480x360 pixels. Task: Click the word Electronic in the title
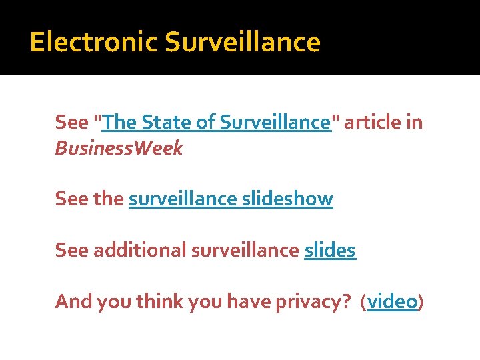point(93,43)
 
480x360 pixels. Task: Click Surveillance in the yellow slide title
point(243,43)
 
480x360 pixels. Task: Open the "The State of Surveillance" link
point(217,123)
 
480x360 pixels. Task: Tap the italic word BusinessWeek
point(119,148)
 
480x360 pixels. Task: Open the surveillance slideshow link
point(231,199)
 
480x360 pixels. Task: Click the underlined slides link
point(330,250)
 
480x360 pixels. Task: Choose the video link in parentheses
point(392,302)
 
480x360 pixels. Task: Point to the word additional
point(140,250)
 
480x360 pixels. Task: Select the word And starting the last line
point(74,302)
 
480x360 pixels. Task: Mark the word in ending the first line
point(415,123)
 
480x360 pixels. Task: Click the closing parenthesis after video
point(421,302)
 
